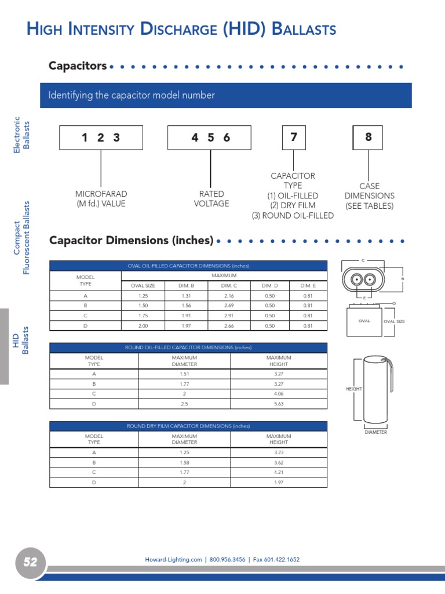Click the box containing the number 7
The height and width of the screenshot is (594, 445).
[x=294, y=137]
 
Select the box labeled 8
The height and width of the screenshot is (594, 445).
[x=368, y=137]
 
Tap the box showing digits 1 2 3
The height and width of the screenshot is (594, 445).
[x=101, y=137]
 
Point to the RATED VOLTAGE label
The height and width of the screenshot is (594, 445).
[x=211, y=199]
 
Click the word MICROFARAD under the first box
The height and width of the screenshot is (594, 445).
[x=101, y=194]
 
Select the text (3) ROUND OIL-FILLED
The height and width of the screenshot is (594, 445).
[x=293, y=216]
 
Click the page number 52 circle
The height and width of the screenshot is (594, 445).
[x=30, y=562]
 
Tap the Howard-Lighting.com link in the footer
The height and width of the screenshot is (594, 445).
[x=173, y=560]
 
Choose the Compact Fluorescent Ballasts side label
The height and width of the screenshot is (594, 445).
[x=21, y=238]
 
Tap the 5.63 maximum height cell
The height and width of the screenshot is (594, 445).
[x=279, y=404]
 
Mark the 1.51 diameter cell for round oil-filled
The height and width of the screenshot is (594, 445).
[x=185, y=374]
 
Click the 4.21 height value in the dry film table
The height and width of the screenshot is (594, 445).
[x=279, y=472]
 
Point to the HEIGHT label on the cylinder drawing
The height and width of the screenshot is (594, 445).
[x=353, y=389]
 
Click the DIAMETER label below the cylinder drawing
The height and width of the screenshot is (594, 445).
[x=375, y=432]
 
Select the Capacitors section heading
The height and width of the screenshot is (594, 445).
[x=78, y=66]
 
